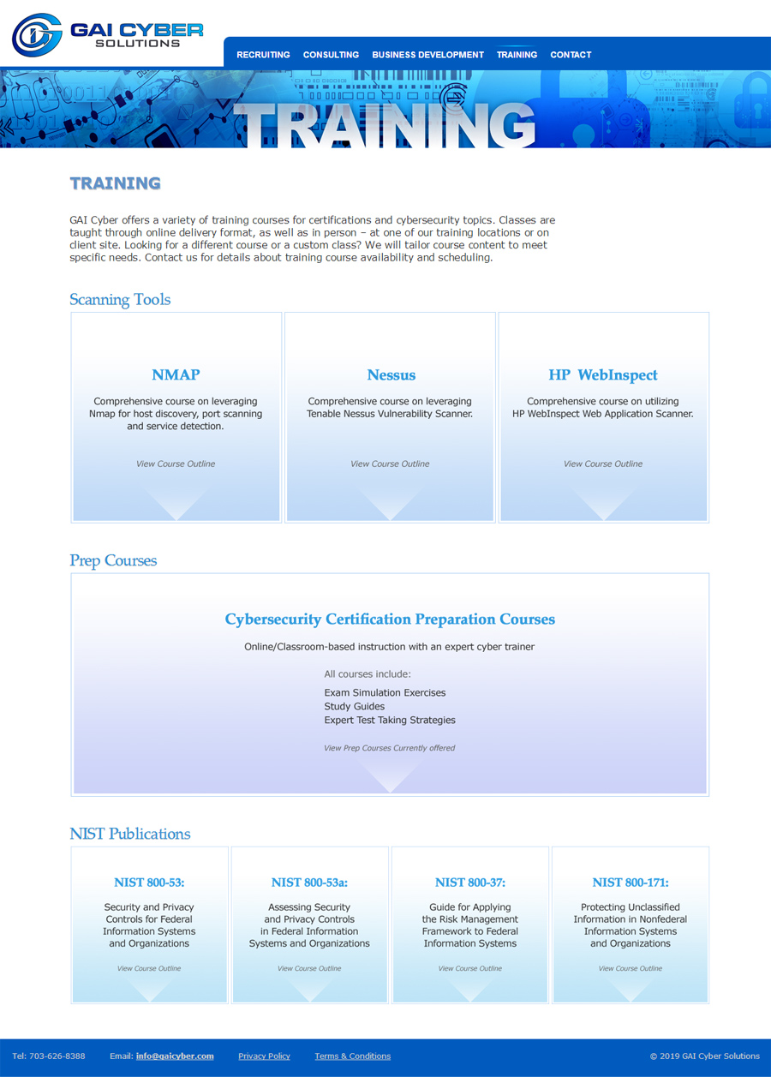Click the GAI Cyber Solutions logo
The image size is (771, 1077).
(x=107, y=34)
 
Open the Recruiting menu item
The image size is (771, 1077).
(x=263, y=55)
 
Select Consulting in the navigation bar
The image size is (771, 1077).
(x=331, y=55)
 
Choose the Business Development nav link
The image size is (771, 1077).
(x=427, y=55)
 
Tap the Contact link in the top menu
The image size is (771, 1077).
(x=571, y=55)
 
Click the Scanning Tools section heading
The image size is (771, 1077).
(x=120, y=300)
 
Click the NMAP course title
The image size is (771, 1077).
(x=176, y=375)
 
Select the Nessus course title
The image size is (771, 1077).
(x=391, y=375)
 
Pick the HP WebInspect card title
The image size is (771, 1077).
(x=603, y=375)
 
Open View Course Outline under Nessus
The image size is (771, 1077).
(x=390, y=464)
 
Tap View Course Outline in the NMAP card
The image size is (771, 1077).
(x=176, y=464)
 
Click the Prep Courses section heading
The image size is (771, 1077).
(x=113, y=561)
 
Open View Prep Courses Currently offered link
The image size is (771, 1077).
(x=389, y=748)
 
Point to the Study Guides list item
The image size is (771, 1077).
(x=355, y=707)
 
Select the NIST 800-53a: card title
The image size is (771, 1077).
(x=309, y=883)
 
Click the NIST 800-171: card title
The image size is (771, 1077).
(x=631, y=883)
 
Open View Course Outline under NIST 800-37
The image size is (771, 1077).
(x=469, y=969)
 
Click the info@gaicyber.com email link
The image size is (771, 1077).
(x=175, y=1056)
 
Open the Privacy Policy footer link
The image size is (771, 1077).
(x=264, y=1056)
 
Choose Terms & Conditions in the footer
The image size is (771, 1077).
(x=352, y=1056)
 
